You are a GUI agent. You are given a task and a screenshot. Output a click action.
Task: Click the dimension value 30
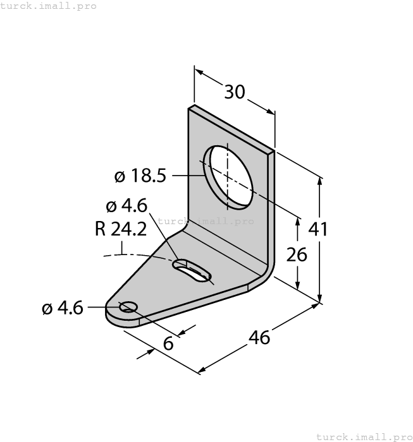pyautogui.click(x=235, y=92)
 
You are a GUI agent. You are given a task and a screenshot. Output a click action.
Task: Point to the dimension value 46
pyautogui.click(x=259, y=337)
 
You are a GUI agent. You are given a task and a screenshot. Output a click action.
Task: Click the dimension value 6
pyautogui.click(x=168, y=343)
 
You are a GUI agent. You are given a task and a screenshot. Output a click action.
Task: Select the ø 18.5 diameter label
pyautogui.click(x=140, y=176)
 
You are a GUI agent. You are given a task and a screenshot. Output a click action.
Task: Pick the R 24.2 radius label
pyautogui.click(x=120, y=229)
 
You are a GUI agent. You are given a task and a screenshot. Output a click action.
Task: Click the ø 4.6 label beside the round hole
pyautogui.click(x=63, y=308)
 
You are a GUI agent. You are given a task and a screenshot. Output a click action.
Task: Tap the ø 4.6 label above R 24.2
pyautogui.click(x=126, y=206)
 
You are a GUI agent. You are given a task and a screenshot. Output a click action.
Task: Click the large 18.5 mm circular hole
pyautogui.click(x=227, y=176)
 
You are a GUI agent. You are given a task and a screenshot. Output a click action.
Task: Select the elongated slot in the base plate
pyautogui.click(x=192, y=270)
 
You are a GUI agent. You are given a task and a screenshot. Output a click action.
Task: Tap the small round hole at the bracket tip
pyautogui.click(x=128, y=307)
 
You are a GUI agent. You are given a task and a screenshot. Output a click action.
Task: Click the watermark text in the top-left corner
pyautogui.click(x=49, y=6)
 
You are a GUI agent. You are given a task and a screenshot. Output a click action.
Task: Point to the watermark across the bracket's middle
pyautogui.click(x=206, y=221)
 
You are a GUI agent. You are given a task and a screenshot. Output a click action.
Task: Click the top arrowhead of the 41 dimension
pyautogui.click(x=320, y=181)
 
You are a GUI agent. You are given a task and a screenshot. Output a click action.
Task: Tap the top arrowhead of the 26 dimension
pyautogui.click(x=297, y=218)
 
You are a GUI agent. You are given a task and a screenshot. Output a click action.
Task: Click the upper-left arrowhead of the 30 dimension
pyautogui.click(x=197, y=71)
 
